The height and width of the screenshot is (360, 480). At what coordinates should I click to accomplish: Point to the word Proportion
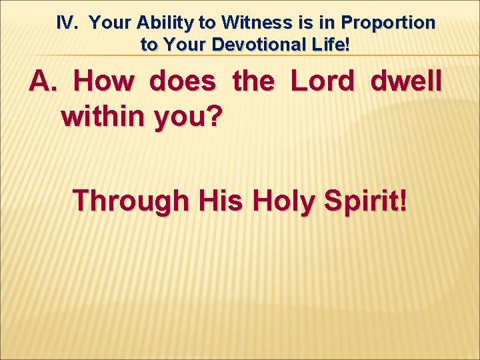coord(388,23)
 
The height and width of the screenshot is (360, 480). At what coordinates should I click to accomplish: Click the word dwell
coord(405,82)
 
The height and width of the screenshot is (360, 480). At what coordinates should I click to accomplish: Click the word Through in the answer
coord(131,200)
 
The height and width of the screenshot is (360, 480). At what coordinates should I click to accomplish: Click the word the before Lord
coord(253,82)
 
